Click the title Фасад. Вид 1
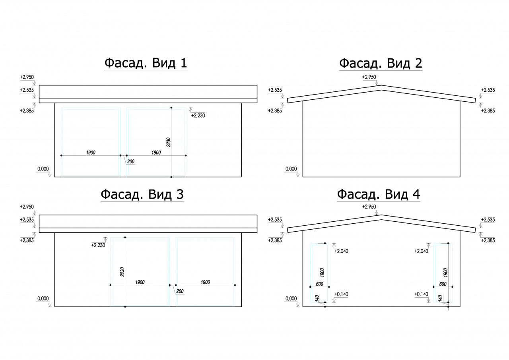click(x=146, y=63)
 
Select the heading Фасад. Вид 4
click(x=379, y=194)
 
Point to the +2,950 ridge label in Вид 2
click(x=369, y=77)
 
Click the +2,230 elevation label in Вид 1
click(x=198, y=116)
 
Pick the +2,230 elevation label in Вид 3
click(x=98, y=245)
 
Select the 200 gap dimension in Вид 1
click(x=131, y=162)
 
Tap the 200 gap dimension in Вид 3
click(x=180, y=291)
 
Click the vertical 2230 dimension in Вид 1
click(x=168, y=142)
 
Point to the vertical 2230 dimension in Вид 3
click(x=122, y=272)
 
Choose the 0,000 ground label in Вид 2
click(x=291, y=169)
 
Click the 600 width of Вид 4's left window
click(x=319, y=284)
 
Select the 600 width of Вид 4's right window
click(x=443, y=284)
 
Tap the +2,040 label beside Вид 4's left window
click(x=341, y=251)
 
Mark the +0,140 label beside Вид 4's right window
click(x=421, y=294)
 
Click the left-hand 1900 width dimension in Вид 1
click(x=91, y=153)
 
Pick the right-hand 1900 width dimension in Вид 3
click(x=205, y=282)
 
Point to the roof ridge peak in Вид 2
click(x=381, y=85)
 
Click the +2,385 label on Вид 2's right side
click(x=488, y=111)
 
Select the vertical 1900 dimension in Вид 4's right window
click(x=445, y=272)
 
